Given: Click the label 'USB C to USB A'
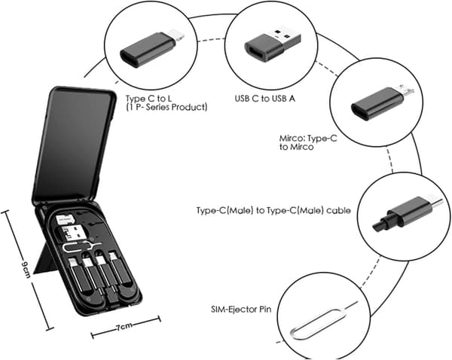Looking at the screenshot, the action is pyautogui.click(x=265, y=99).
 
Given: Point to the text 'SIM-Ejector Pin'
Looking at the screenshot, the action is pyautogui.click(x=241, y=310).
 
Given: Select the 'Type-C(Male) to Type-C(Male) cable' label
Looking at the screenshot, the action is pyautogui.click(x=273, y=210).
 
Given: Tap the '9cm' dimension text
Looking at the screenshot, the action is pyautogui.click(x=26, y=270).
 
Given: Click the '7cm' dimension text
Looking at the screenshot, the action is pyautogui.click(x=124, y=328).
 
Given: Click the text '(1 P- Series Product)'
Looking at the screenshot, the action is pyautogui.click(x=166, y=107).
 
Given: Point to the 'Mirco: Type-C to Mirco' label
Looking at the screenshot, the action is pyautogui.click(x=308, y=142).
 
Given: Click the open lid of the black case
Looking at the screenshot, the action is pyautogui.click(x=74, y=145).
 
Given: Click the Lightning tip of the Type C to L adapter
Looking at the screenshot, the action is pyautogui.click(x=177, y=34).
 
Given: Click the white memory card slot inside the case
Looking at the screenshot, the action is pyautogui.click(x=64, y=220).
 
